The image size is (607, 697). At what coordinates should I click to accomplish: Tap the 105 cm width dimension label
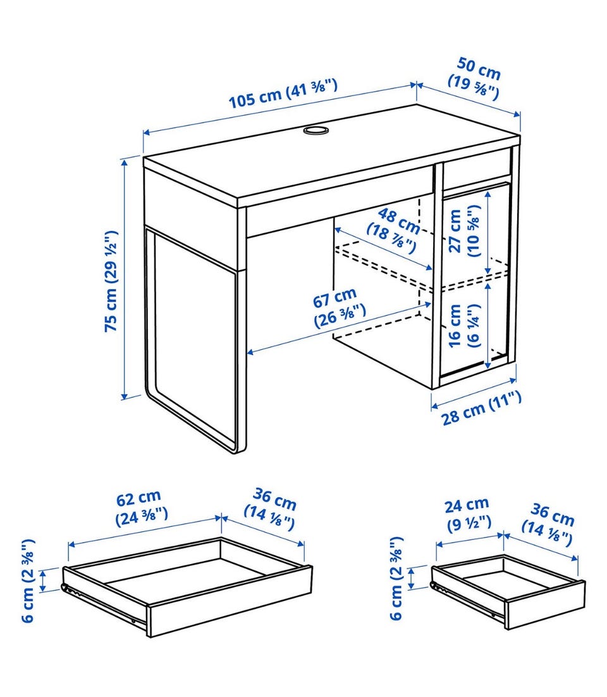pyautogui.click(x=283, y=93)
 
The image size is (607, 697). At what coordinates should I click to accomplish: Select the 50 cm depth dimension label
pyautogui.click(x=475, y=78)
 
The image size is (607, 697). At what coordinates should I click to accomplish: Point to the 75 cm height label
pyautogui.click(x=111, y=281)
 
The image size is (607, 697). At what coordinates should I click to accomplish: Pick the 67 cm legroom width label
pyautogui.click(x=339, y=307)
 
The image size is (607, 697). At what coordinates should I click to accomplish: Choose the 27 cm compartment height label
pyautogui.click(x=464, y=230)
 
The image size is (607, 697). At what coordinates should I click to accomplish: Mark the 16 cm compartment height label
pyautogui.click(x=462, y=325)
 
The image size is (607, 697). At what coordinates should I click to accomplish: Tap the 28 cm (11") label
pyautogui.click(x=481, y=408)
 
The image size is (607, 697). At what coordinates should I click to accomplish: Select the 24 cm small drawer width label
pyautogui.click(x=469, y=513)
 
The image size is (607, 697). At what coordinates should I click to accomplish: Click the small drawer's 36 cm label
pyautogui.click(x=549, y=524)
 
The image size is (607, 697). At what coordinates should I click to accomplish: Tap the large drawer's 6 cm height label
pyautogui.click(x=28, y=581)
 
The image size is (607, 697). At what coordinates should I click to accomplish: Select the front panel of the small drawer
pyautogui.click(x=545, y=604)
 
